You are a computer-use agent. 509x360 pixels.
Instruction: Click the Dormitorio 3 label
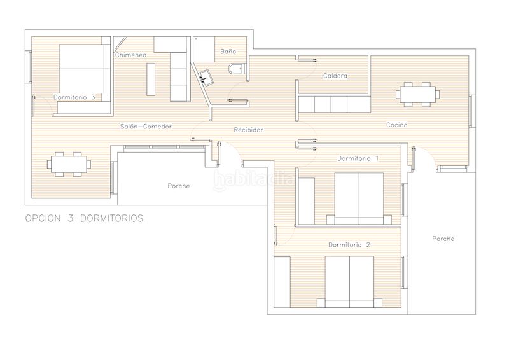click(x=74, y=97)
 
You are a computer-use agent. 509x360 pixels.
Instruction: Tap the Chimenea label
click(x=131, y=55)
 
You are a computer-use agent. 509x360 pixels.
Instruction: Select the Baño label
click(x=228, y=51)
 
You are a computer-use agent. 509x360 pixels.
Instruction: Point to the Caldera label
click(x=335, y=76)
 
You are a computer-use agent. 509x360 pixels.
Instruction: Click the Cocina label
click(x=396, y=125)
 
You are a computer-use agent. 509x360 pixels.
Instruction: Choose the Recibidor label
click(x=248, y=130)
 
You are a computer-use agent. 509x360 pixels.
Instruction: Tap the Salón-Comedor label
click(x=146, y=126)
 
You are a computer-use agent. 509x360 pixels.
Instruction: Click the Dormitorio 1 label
click(x=358, y=158)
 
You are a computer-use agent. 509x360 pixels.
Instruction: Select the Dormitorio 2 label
click(x=349, y=244)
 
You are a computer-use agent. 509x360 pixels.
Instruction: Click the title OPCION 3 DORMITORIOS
click(x=84, y=218)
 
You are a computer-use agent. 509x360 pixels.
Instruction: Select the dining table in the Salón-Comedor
click(x=69, y=163)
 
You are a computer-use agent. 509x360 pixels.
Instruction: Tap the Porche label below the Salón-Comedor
click(x=179, y=186)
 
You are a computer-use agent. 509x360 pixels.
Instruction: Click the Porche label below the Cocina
click(x=443, y=239)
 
